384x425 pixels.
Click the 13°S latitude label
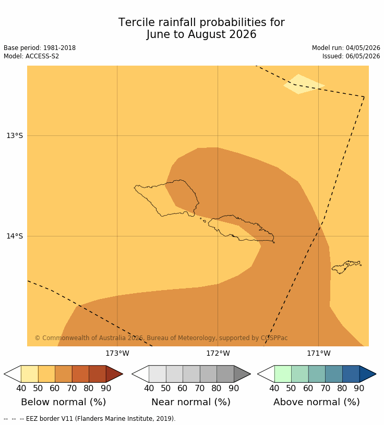click(15, 135)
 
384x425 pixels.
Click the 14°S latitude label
click(15, 236)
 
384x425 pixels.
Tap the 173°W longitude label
click(117, 354)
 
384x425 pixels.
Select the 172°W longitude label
click(218, 354)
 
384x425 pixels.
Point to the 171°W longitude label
click(319, 354)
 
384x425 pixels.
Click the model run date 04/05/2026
click(363, 48)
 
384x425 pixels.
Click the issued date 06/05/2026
click(363, 56)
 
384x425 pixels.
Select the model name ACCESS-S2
click(42, 56)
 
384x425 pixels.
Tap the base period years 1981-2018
click(59, 48)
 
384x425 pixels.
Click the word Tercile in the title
click(136, 22)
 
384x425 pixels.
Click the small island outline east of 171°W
click(346, 267)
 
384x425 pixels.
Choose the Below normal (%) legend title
click(63, 402)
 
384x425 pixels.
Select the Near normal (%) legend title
click(191, 402)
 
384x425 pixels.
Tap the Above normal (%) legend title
click(316, 402)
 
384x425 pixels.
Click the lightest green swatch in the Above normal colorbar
click(283, 374)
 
